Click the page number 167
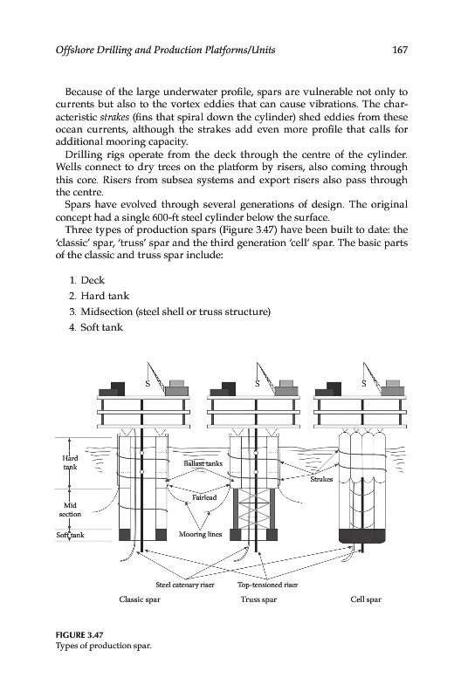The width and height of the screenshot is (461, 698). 400,50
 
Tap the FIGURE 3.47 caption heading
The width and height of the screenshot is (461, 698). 75,635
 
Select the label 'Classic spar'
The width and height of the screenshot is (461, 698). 140,599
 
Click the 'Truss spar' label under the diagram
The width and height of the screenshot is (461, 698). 258,599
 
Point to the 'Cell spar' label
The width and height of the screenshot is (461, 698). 366,599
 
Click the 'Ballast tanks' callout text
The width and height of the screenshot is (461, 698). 203,463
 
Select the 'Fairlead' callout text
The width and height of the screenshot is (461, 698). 204,497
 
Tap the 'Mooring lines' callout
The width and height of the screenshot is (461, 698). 201,534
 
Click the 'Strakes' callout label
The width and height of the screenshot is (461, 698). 321,479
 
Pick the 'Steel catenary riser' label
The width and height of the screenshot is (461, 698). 185,585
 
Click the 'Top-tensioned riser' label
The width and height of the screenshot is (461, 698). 268,585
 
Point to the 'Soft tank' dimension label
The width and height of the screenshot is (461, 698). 70,535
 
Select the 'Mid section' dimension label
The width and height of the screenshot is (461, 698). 71,510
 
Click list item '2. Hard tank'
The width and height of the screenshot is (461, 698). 100,296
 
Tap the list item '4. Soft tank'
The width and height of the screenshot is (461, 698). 96,327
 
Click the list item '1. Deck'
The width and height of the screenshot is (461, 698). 87,280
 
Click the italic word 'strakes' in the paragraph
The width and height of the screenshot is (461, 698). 112,117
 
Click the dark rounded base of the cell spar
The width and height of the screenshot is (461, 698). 361,536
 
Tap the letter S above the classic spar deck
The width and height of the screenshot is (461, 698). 148,384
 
